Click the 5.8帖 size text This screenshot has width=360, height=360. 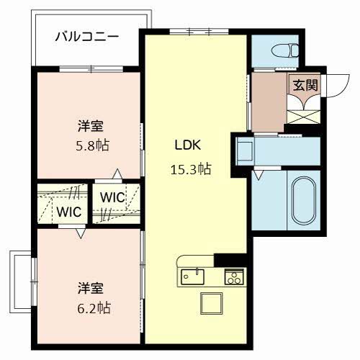(x=94, y=145)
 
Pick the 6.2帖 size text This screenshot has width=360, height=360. (x=94, y=307)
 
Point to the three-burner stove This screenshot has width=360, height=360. (x=233, y=276)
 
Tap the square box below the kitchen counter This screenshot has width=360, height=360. (x=213, y=305)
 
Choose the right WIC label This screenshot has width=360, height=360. (x=112, y=197)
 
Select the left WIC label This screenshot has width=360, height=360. (x=69, y=212)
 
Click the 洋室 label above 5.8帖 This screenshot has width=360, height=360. (x=91, y=127)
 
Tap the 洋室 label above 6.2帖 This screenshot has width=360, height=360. (x=91, y=288)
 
